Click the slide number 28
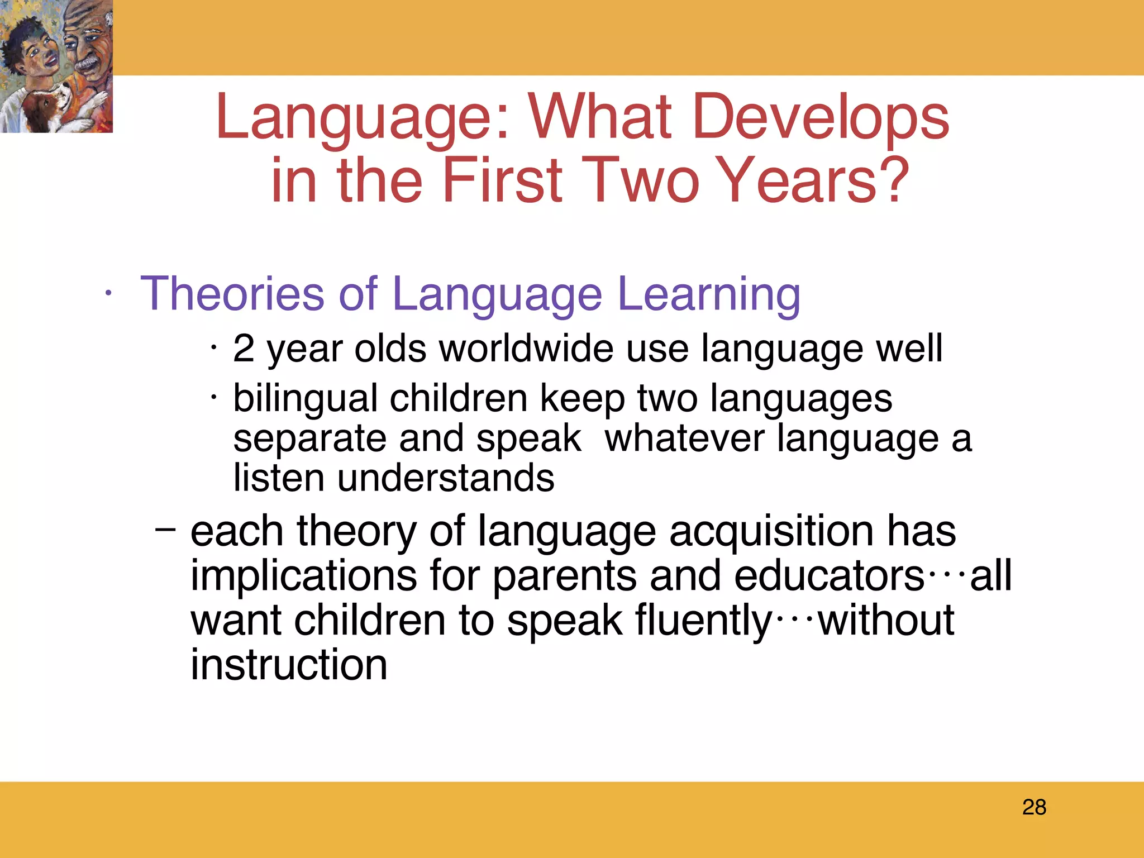[x=1034, y=807]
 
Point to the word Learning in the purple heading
[x=709, y=294]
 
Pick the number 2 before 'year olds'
[x=244, y=348]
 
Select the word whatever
[x=684, y=438]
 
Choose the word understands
[x=445, y=478]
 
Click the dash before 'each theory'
[x=165, y=528]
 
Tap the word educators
[x=829, y=575]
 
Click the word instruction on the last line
[x=289, y=665]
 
